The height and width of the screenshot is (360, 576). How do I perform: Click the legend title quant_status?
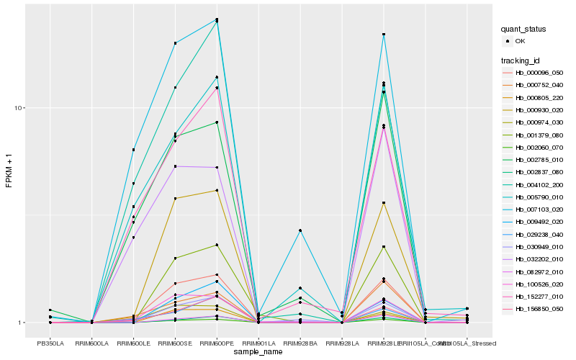pyautogui.click(x=523, y=29)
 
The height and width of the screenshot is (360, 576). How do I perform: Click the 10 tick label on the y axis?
pyautogui.click(x=19, y=108)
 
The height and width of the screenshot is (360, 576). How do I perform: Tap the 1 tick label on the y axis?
pyautogui.click(x=22, y=323)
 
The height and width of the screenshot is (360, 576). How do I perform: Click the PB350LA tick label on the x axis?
pyautogui.click(x=50, y=343)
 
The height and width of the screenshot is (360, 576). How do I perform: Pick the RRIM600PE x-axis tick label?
pyautogui.click(x=217, y=343)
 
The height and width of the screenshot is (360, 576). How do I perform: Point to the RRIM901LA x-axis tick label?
pyautogui.click(x=258, y=343)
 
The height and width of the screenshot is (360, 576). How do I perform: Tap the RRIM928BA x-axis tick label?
pyautogui.click(x=300, y=343)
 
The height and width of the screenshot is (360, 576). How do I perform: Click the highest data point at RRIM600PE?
pyautogui.click(x=217, y=19)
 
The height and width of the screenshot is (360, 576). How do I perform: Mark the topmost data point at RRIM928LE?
pyautogui.click(x=384, y=35)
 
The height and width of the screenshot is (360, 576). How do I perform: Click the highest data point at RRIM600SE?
pyautogui.click(x=175, y=43)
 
